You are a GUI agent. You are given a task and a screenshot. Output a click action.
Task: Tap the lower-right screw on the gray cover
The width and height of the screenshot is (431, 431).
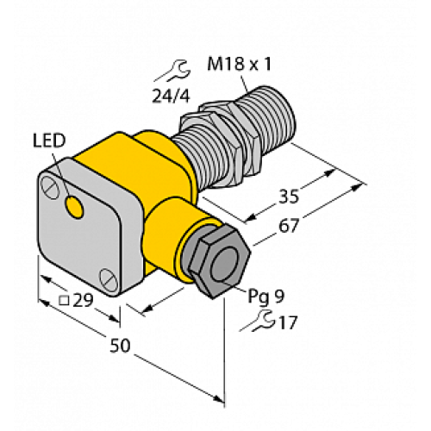pyautogui.click(x=108, y=278)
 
